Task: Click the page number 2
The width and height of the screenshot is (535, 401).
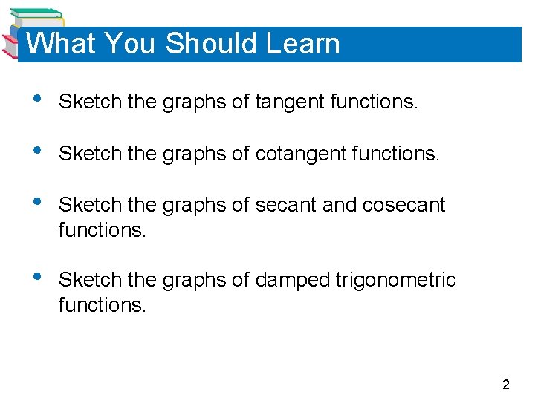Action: [x=506, y=385]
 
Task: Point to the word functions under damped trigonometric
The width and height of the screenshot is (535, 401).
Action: [x=103, y=304]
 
